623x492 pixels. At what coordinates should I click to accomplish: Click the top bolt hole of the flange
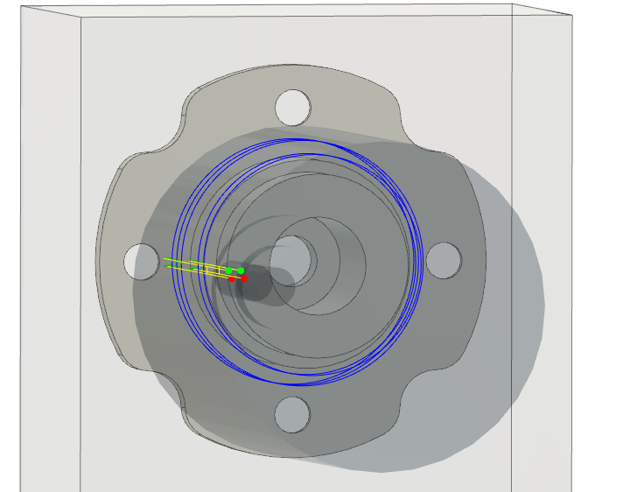pos(293,107)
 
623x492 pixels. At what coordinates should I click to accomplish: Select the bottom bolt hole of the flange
pos(292,414)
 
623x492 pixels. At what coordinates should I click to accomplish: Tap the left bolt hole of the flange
pos(141,262)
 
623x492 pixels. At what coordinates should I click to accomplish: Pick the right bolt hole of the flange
pos(443,260)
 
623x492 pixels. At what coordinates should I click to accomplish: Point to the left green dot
pos(229,271)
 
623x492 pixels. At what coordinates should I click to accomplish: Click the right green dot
pos(241,271)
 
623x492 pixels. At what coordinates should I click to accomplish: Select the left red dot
pos(232,278)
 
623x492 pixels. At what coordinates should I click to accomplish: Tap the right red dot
pos(244,278)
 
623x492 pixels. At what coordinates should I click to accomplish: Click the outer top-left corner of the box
pos(21,8)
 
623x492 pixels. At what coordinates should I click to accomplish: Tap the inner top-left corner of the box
pos(81,18)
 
